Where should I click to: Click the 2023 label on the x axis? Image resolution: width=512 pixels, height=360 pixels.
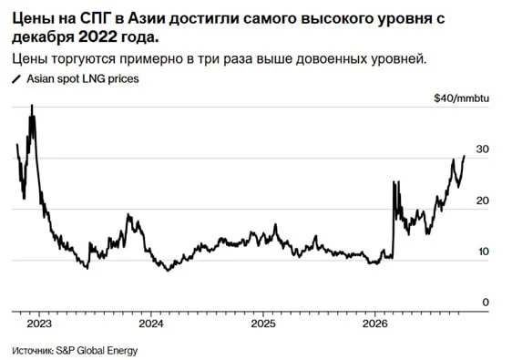(39, 324)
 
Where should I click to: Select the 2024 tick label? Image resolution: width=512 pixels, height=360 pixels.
(151, 324)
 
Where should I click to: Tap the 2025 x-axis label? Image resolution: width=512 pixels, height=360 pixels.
(263, 324)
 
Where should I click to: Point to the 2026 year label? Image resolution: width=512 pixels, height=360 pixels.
(375, 324)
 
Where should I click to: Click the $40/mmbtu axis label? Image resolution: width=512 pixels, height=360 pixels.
(462, 98)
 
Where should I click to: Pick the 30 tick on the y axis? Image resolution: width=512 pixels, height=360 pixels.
(483, 149)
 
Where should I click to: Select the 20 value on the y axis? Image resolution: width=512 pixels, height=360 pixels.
(483, 201)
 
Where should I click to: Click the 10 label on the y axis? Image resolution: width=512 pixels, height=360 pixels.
(483, 252)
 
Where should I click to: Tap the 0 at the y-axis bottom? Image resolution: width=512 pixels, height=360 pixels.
(486, 303)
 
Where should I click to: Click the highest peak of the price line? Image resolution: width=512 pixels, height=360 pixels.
(32, 105)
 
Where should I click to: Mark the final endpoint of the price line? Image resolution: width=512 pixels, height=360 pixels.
(465, 156)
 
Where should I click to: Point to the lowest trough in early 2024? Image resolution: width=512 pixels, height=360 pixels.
(169, 270)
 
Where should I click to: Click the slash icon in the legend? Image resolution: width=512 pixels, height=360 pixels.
(16, 79)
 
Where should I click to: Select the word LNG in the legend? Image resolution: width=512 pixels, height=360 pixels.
(94, 78)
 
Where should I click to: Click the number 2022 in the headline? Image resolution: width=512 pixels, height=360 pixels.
(97, 37)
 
